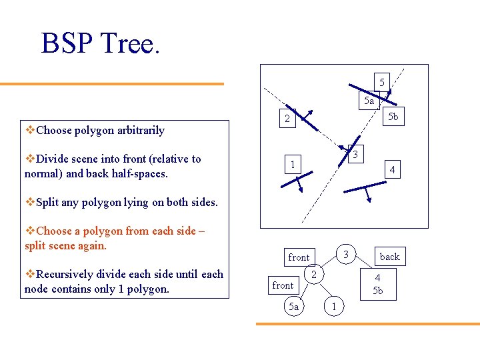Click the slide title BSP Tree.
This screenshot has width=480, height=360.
(101, 43)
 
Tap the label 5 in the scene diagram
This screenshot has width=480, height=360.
(381, 82)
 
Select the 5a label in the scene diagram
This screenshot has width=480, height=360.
(369, 101)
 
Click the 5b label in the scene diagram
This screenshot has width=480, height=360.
(393, 117)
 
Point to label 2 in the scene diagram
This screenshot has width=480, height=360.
(287, 120)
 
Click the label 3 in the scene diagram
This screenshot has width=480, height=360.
(357, 155)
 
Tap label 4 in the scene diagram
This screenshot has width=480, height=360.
(393, 171)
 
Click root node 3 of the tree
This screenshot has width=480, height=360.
(345, 253)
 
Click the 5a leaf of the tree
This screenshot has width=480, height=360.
(292, 306)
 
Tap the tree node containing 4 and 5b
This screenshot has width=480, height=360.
(377, 284)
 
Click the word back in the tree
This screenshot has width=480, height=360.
(389, 257)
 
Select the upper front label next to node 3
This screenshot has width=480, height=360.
(299, 257)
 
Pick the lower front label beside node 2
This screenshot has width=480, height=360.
(283, 285)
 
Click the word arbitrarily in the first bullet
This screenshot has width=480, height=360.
(139, 130)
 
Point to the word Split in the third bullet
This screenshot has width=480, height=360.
(48, 202)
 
